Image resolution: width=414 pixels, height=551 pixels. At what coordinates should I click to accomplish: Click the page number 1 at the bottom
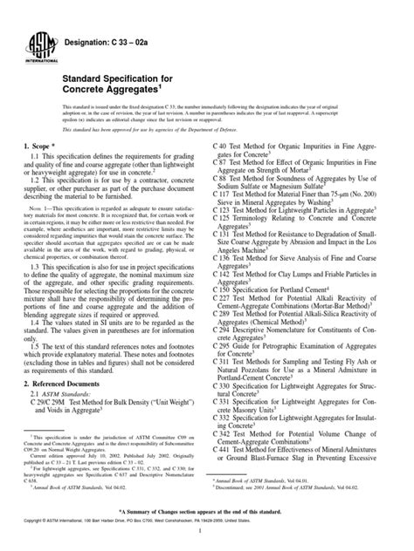click(207, 541)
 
